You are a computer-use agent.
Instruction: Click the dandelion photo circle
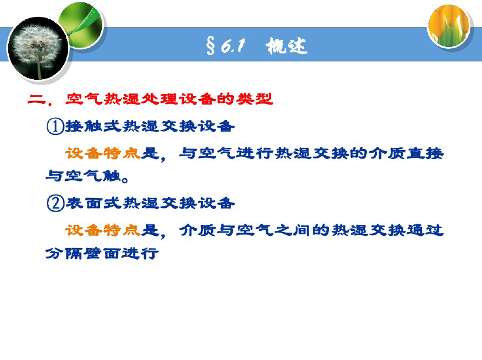(x=38, y=49)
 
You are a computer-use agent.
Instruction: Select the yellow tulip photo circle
(x=449, y=26)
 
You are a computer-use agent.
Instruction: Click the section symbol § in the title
(x=210, y=46)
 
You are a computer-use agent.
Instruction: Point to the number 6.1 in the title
(x=233, y=46)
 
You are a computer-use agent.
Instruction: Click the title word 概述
(x=286, y=46)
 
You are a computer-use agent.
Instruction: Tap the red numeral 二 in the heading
(x=36, y=99)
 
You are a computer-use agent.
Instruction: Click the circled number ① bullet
(x=55, y=126)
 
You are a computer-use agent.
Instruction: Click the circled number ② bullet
(x=55, y=203)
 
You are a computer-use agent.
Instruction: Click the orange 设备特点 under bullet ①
(x=103, y=153)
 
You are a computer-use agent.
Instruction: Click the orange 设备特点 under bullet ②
(x=103, y=230)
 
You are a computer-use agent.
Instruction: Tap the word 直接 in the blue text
(x=425, y=153)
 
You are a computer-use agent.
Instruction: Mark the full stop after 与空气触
(x=125, y=179)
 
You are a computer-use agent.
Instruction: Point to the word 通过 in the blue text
(x=425, y=230)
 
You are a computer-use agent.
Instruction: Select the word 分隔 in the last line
(x=64, y=254)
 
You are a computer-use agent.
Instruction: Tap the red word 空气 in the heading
(x=84, y=99)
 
